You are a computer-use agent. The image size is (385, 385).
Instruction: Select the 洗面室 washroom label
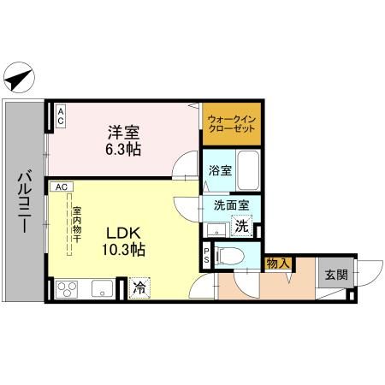[x=232, y=206]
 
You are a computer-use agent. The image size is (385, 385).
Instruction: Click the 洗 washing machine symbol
[x=242, y=227]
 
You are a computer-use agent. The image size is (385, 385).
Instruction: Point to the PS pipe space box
[x=208, y=255]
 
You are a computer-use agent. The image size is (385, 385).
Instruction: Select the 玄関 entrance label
[x=335, y=275]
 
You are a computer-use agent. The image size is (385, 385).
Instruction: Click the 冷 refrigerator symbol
[x=139, y=288]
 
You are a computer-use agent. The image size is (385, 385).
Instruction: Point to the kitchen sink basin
[x=102, y=289]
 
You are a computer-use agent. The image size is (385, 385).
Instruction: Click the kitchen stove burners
[x=68, y=289]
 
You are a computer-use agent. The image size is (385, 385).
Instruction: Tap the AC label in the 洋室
[x=62, y=115]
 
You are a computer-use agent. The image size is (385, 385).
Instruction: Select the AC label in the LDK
[x=62, y=186]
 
